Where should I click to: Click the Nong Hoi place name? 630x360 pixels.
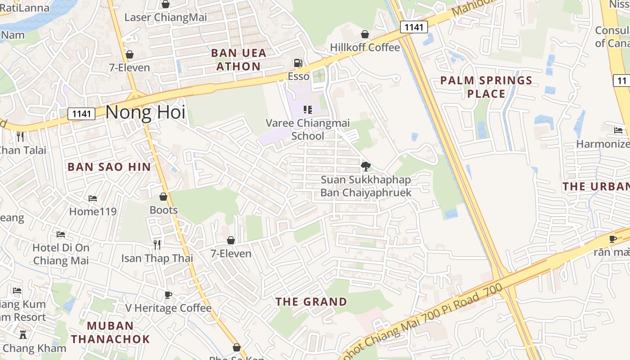tap(145, 112)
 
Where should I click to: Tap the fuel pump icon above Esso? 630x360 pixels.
tap(297, 63)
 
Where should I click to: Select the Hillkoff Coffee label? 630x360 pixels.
tap(364, 47)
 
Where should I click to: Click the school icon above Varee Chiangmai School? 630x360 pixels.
tap(308, 109)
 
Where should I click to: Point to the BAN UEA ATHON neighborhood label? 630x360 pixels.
tap(238, 59)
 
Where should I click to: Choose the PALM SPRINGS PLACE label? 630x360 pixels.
tap(486, 87)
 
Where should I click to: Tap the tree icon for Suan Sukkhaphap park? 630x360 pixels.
tap(366, 166)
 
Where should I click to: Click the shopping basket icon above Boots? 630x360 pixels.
tap(163, 197)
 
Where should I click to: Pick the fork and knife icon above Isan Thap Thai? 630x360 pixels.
tap(157, 244)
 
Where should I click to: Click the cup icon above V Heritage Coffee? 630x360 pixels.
tap(168, 295)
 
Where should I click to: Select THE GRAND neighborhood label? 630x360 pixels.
tap(311, 301)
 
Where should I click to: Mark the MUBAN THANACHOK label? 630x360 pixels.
tap(110, 332)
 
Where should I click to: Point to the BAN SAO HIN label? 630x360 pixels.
tap(109, 167)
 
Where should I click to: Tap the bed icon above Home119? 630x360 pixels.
tap(93, 198)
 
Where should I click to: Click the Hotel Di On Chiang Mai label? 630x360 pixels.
tap(61, 254)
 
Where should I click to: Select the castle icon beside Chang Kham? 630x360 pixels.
tap(22, 335)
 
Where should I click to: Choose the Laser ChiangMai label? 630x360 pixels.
tap(166, 18)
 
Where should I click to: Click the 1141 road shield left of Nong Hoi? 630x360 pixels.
tap(81, 114)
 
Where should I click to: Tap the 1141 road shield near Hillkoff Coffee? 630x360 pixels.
tap(413, 27)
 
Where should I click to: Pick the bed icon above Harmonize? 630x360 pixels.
tap(618, 130)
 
